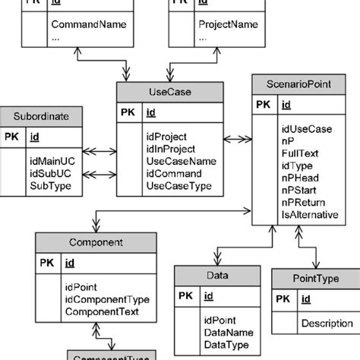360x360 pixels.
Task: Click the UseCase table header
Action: (170, 92)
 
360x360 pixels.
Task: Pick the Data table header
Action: (217, 276)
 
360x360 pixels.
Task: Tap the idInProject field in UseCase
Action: (172, 149)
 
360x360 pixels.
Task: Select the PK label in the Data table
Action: (186, 296)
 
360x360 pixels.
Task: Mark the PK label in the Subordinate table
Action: (12, 137)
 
